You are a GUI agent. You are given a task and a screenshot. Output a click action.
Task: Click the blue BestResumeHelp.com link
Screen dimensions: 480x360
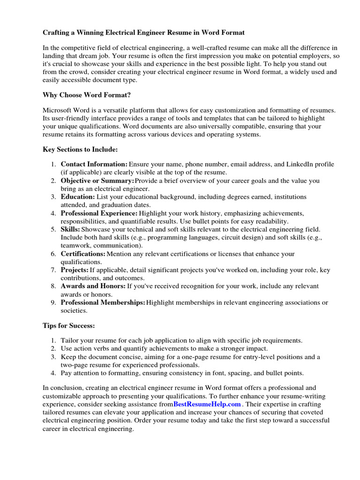207,404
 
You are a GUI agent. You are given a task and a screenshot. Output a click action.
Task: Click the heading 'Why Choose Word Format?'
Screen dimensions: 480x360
87,96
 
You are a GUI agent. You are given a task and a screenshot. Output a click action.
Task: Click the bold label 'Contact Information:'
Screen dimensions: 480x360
94,165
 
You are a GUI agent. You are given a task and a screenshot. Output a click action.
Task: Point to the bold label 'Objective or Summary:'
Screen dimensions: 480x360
97,180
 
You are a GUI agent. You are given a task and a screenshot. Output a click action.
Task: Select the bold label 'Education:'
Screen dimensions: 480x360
78,197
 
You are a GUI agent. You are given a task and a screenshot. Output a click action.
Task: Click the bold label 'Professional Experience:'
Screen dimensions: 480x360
99,213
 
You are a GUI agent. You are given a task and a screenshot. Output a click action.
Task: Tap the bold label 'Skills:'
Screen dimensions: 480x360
70,229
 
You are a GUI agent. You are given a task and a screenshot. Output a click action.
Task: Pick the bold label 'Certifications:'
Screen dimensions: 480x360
83,254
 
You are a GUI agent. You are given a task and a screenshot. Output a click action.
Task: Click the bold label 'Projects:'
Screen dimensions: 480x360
75,270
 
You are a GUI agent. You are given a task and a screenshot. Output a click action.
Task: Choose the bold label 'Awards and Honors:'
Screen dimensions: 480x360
93,286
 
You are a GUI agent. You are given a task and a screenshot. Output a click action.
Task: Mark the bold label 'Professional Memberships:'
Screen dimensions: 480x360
103,302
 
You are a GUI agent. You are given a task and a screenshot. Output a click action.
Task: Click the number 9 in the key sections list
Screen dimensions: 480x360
53,302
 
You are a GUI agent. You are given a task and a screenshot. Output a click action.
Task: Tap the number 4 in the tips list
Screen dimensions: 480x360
53,373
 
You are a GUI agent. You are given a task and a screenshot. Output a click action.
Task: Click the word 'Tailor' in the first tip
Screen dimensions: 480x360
70,340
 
